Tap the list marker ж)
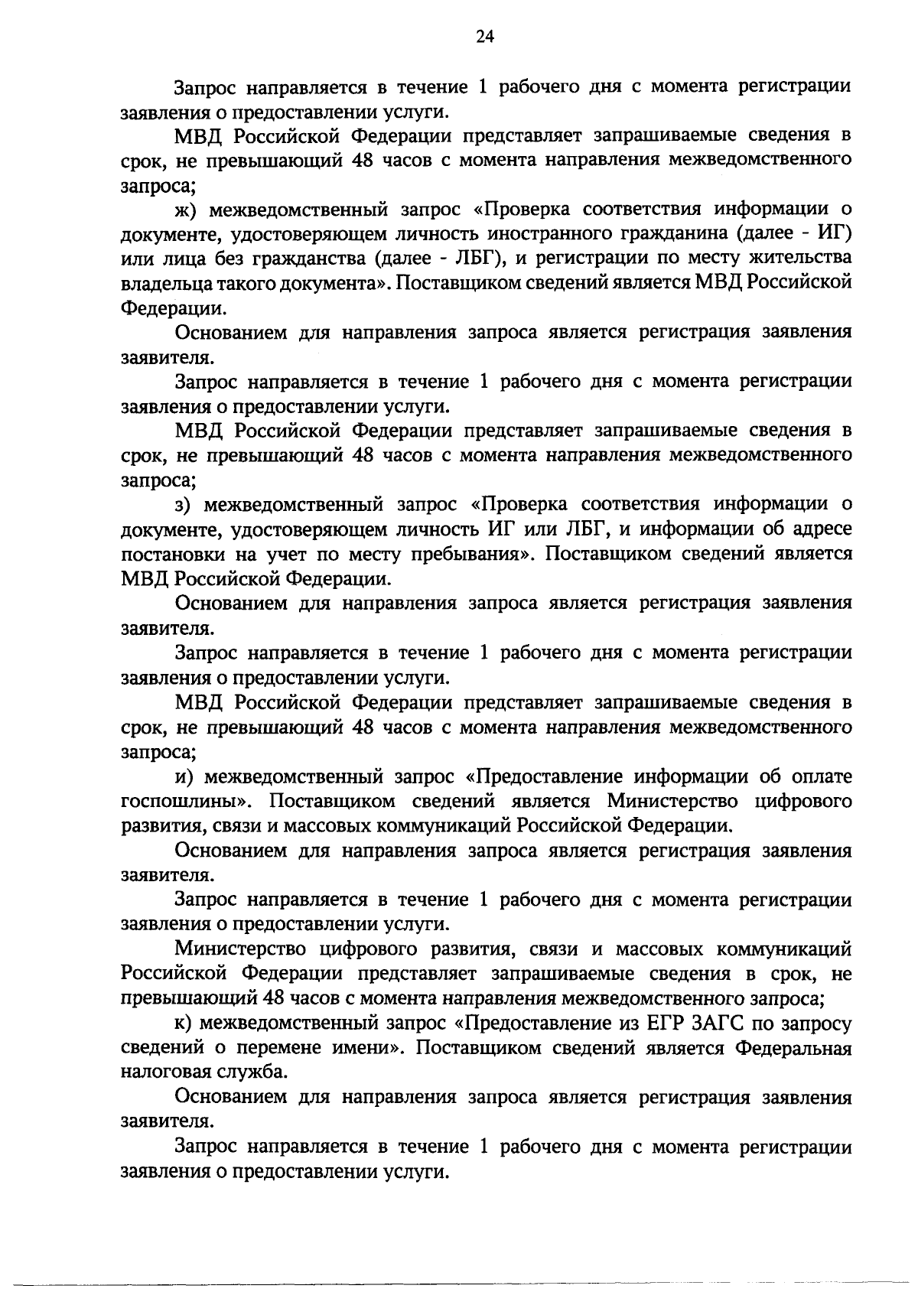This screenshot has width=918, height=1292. tap(184, 210)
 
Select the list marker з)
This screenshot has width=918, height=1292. tap(184, 505)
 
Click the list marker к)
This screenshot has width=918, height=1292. tap(184, 1024)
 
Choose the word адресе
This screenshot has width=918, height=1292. tap(819, 529)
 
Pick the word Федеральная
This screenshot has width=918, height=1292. tap(794, 1048)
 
